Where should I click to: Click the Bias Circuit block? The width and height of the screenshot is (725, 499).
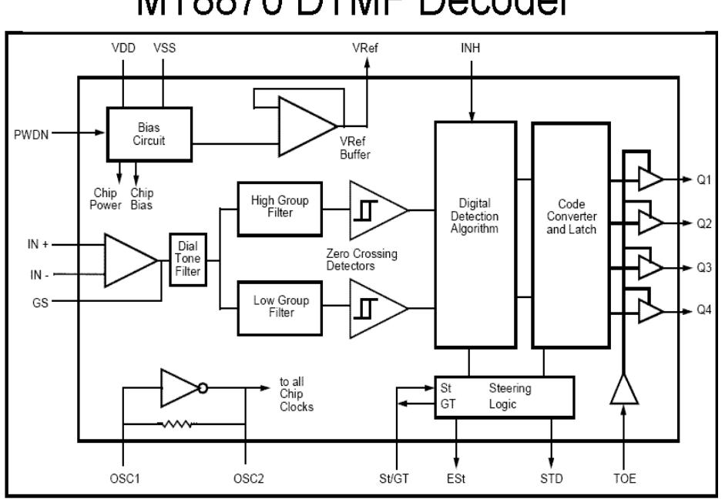pos(150,134)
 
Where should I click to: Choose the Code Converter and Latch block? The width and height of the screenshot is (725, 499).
pos(569,235)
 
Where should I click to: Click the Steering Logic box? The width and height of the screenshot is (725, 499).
pos(505,397)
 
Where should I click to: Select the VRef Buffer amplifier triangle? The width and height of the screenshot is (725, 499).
pos(305,125)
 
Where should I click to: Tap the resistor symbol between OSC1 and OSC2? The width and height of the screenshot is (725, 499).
pos(179,423)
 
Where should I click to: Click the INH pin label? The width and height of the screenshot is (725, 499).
pos(470,49)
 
